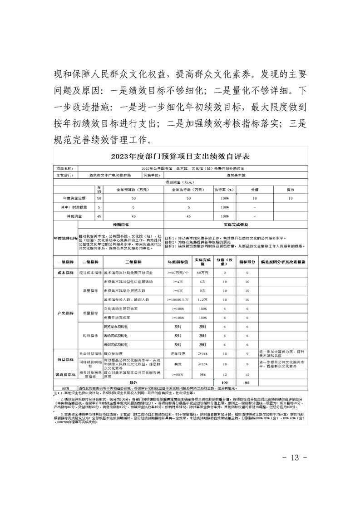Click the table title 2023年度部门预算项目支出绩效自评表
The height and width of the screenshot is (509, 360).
(180, 157)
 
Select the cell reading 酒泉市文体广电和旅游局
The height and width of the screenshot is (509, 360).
(104, 174)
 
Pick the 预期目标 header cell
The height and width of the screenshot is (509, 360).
(121, 225)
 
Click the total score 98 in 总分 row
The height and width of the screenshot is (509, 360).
(247, 383)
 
